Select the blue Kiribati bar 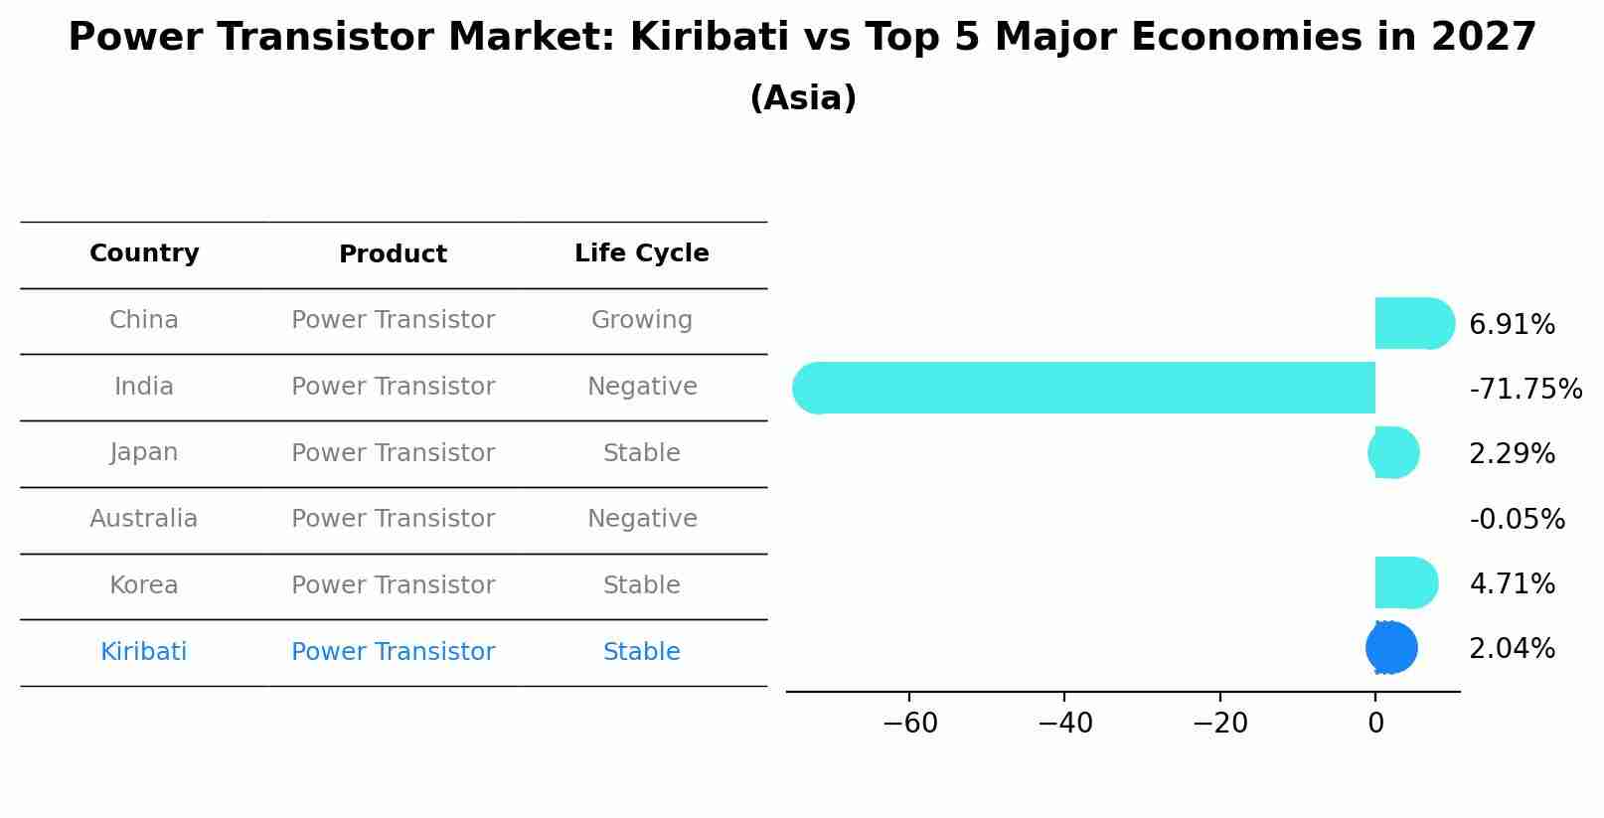coord(1391,648)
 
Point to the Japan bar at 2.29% coord(1394,452)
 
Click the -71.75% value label coord(1525,389)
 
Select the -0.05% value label coord(1517,519)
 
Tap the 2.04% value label coord(1512,649)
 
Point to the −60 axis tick coord(909,724)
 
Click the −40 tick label coord(1064,724)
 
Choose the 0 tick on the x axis coord(1375,724)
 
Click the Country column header coord(144,253)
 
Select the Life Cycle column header coord(641,253)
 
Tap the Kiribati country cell coord(144,652)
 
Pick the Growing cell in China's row coord(641,320)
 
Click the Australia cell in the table coord(144,519)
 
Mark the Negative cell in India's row coord(641,387)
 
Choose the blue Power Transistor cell coord(393,652)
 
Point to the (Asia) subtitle coord(802,98)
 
